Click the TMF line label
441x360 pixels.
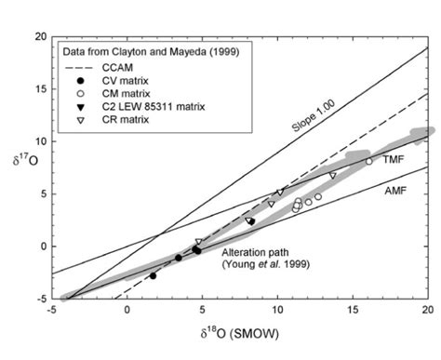pos(392,161)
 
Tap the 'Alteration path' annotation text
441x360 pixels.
pos(254,253)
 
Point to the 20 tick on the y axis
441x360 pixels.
pos(40,36)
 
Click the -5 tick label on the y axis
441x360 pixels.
pos(40,299)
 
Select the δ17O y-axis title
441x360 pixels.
pos(18,167)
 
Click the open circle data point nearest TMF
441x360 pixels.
pos(368,161)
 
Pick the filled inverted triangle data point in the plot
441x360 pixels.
pos(251,220)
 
